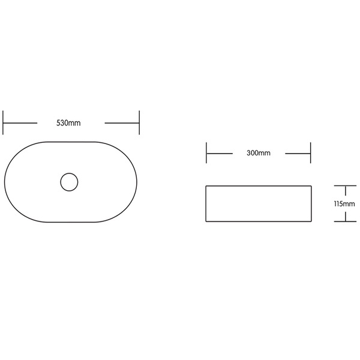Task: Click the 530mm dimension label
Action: tap(68, 123)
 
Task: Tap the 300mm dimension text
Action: tap(259, 153)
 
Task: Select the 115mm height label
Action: tap(344, 203)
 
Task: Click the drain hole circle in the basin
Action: tap(69, 182)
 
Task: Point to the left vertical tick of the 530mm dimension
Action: tap(3, 122)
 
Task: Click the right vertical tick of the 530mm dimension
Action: tap(139, 122)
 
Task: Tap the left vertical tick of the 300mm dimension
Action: tap(206, 153)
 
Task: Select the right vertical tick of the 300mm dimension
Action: tap(310, 153)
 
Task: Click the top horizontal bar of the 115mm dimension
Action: tap(345, 185)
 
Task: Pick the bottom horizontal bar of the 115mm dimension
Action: tap(345, 221)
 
